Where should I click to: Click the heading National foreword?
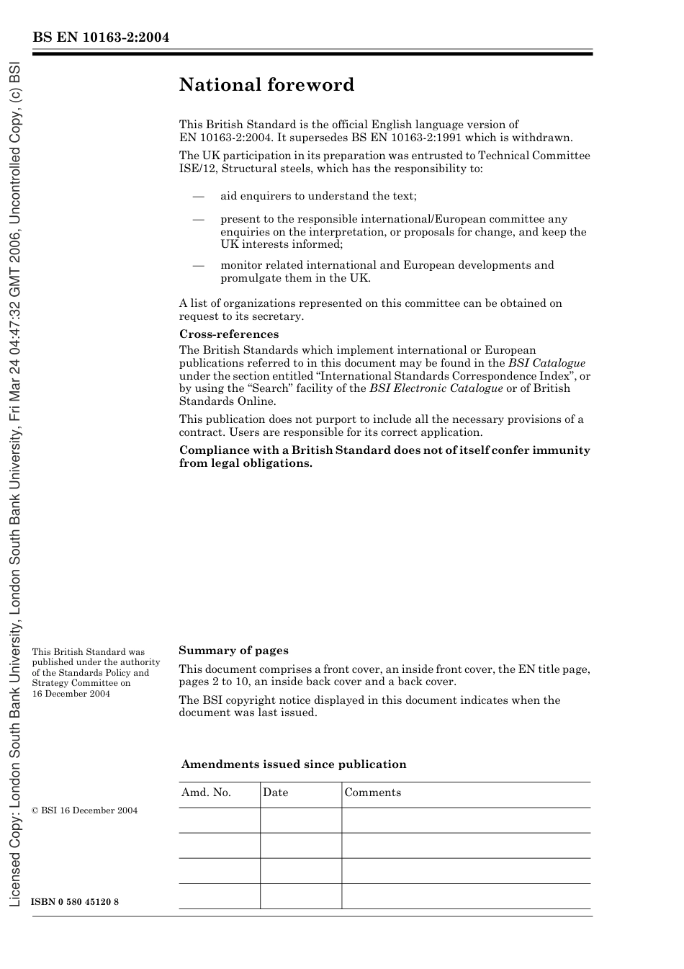tap(266, 85)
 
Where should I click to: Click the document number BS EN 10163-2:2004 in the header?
tap(100, 37)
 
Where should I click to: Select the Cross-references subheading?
tap(228, 334)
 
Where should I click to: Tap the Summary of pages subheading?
tap(233, 651)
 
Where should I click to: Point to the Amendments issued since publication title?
tap(294, 764)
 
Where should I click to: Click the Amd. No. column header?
tap(206, 792)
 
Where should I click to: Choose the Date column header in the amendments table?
tap(275, 792)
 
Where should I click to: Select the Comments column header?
tap(372, 792)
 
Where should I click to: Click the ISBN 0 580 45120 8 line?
tap(75, 902)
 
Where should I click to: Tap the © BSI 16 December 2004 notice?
tap(84, 811)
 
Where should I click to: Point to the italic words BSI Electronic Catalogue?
tap(436, 388)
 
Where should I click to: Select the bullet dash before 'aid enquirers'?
tap(198, 196)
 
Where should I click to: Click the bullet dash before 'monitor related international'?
tap(198, 265)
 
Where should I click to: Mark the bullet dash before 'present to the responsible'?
tap(198, 219)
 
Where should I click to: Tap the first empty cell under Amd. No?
tap(219, 820)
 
